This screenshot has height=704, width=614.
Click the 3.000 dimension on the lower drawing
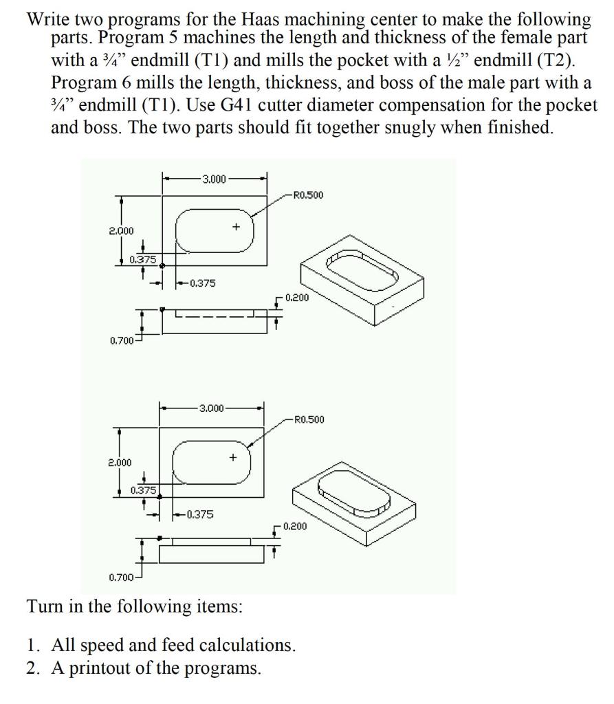pos(212,408)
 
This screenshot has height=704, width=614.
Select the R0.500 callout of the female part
pos(307,195)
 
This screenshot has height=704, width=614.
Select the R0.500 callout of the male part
pos(309,419)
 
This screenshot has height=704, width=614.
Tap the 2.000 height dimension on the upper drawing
pos(122,231)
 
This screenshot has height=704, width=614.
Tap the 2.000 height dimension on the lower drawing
pos(121,463)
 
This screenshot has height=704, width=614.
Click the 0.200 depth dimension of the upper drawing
pos(296,298)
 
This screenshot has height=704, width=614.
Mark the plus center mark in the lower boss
pos(233,456)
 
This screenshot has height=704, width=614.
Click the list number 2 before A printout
pos(32,668)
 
